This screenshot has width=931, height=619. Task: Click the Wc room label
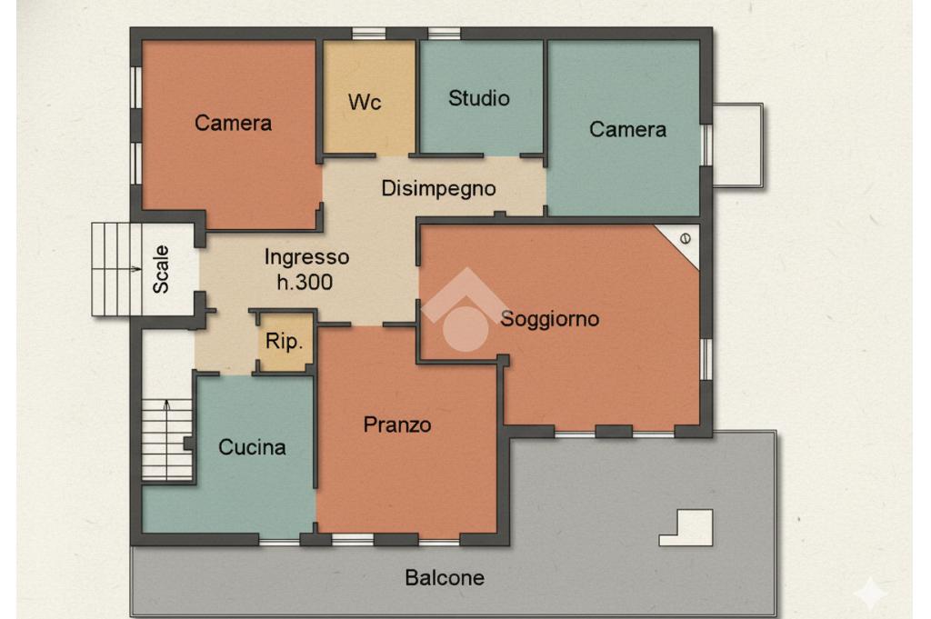(x=365, y=102)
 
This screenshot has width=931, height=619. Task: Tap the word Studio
(x=479, y=98)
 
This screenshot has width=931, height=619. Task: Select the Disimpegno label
(x=438, y=189)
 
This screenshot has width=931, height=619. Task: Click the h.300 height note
(x=305, y=282)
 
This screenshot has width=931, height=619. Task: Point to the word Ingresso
(x=306, y=257)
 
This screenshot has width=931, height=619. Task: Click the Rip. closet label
(x=285, y=341)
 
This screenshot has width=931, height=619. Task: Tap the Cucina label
(x=252, y=447)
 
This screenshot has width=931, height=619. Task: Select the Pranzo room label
(x=397, y=424)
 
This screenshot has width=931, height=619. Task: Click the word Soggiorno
(x=550, y=319)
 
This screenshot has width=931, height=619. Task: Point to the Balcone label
(x=445, y=577)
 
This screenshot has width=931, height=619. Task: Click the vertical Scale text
(x=161, y=269)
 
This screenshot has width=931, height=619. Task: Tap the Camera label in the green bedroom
(x=627, y=129)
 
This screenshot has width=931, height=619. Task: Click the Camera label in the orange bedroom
(x=233, y=123)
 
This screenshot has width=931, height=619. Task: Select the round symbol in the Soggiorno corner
(x=686, y=238)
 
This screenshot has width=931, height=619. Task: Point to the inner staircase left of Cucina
(x=167, y=439)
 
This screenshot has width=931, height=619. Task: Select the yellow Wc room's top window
(x=369, y=34)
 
